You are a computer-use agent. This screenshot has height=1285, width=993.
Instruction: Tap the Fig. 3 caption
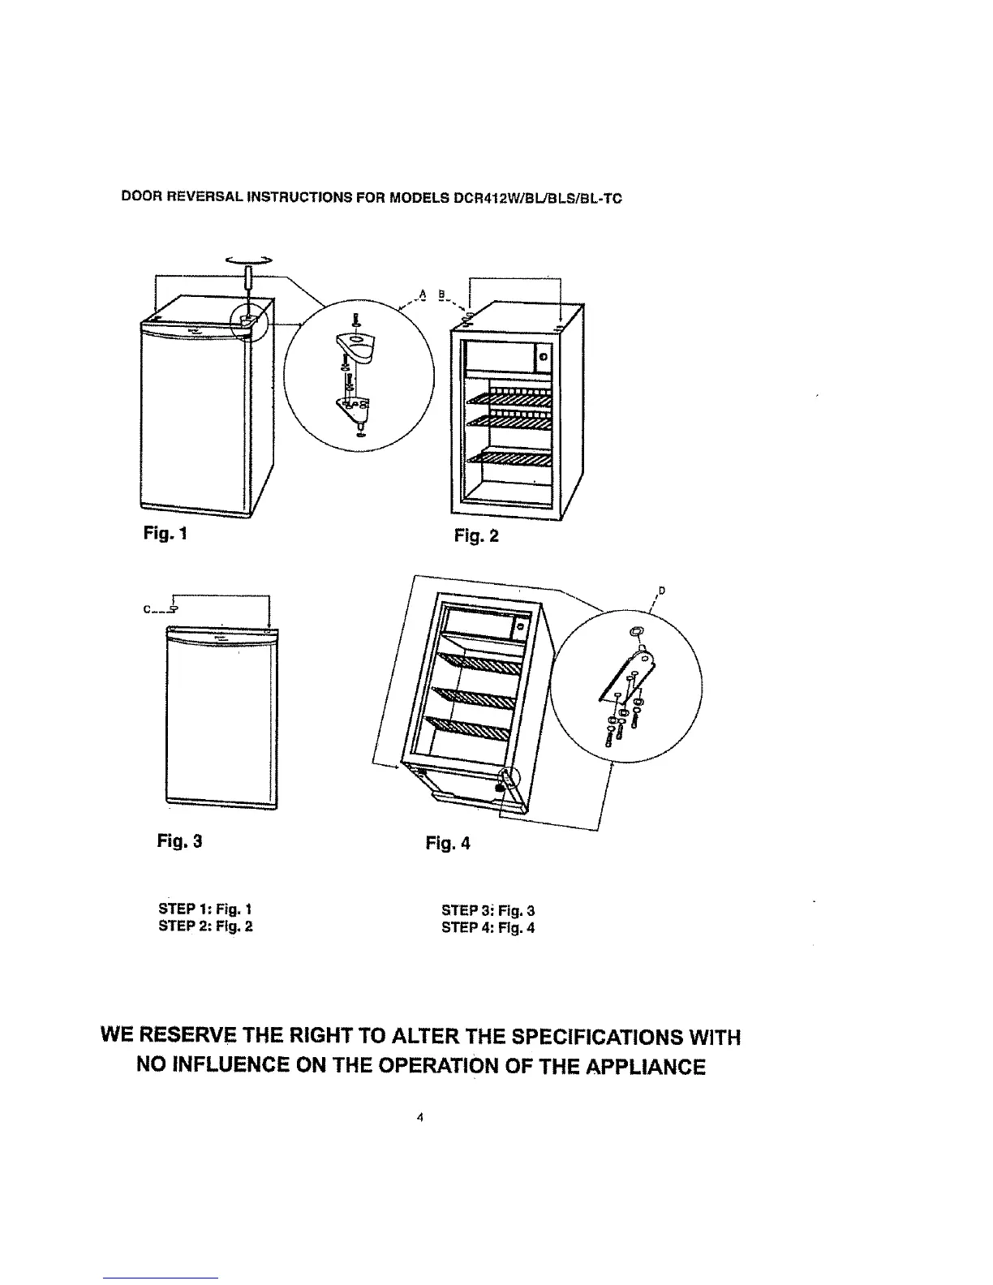click(x=178, y=841)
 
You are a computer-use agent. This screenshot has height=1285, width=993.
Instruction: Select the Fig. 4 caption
click(x=447, y=844)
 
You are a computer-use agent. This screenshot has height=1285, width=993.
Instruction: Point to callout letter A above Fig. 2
click(x=423, y=292)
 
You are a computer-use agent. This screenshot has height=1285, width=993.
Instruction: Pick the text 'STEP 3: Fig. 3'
click(x=488, y=910)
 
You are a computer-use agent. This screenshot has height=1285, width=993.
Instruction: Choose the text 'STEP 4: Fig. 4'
click(x=488, y=927)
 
